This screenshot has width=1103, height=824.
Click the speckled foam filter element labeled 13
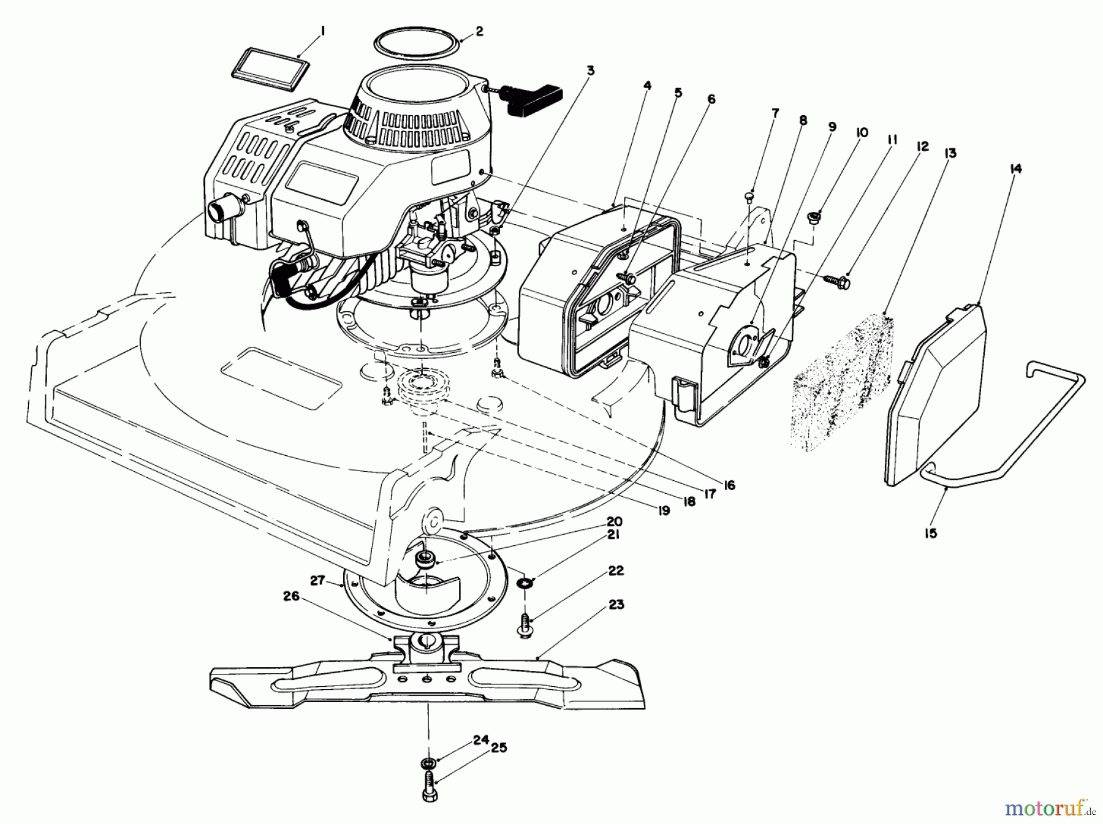coord(843,381)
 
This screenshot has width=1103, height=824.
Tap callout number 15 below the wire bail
coord(930,533)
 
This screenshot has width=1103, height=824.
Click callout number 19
coord(663,510)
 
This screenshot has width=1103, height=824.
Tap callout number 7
coord(775,113)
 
